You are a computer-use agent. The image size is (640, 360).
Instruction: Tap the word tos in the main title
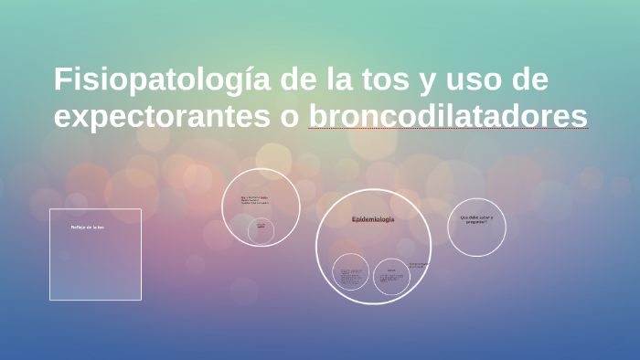tap(383, 80)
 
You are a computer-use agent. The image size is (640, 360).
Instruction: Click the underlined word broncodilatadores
tap(448, 117)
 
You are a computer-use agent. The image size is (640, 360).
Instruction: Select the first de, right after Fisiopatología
tap(297, 80)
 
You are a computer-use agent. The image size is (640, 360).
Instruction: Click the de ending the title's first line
tap(529, 80)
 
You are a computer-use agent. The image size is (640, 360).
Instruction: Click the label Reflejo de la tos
tap(88, 227)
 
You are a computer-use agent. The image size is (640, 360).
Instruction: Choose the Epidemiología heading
tap(373, 219)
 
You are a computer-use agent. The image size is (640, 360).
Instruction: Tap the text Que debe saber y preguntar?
tap(476, 219)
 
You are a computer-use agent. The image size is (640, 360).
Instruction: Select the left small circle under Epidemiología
tap(350, 272)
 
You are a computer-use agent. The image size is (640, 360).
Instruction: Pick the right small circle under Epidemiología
tap(391, 276)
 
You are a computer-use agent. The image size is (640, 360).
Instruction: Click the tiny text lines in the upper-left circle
tap(254, 199)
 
